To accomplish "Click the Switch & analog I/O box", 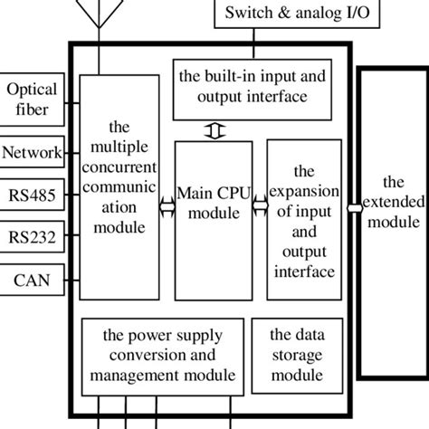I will point(289,14).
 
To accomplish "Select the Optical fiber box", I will point(31,100).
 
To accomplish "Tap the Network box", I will point(31,151).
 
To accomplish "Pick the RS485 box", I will point(31,195).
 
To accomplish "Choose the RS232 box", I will point(31,237).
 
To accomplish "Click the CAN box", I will point(31,281).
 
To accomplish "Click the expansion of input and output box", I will point(303,220).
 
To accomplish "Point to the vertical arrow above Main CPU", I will point(214,131).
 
